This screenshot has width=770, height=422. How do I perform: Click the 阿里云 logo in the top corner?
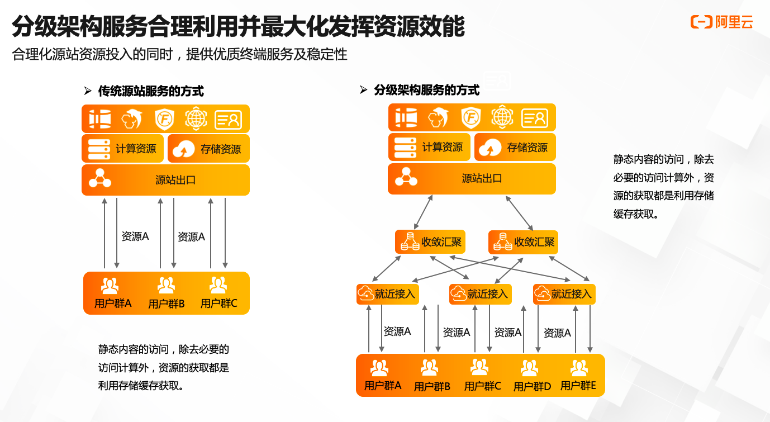721,22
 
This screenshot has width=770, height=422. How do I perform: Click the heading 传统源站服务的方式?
151,91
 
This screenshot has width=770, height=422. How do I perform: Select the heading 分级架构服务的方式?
426,90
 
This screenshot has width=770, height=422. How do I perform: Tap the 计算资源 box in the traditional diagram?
123,149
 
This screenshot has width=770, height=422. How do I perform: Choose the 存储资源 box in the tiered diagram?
515,147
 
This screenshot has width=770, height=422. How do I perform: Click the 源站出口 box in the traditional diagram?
166,180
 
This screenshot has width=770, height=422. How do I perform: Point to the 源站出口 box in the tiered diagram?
472,178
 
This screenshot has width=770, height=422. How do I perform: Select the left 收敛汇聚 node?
430,242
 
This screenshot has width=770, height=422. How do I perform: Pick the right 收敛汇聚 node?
523,242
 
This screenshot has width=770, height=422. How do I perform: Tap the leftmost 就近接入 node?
388,294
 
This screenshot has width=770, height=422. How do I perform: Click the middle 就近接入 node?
480,294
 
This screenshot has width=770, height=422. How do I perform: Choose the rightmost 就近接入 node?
564,294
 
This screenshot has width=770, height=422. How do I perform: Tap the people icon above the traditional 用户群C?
218,285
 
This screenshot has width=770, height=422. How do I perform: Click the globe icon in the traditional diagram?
196,118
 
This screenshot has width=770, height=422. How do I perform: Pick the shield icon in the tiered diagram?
471,118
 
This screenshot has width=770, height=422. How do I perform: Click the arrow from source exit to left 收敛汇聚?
423,212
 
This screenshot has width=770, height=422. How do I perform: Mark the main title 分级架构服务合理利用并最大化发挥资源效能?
238,26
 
